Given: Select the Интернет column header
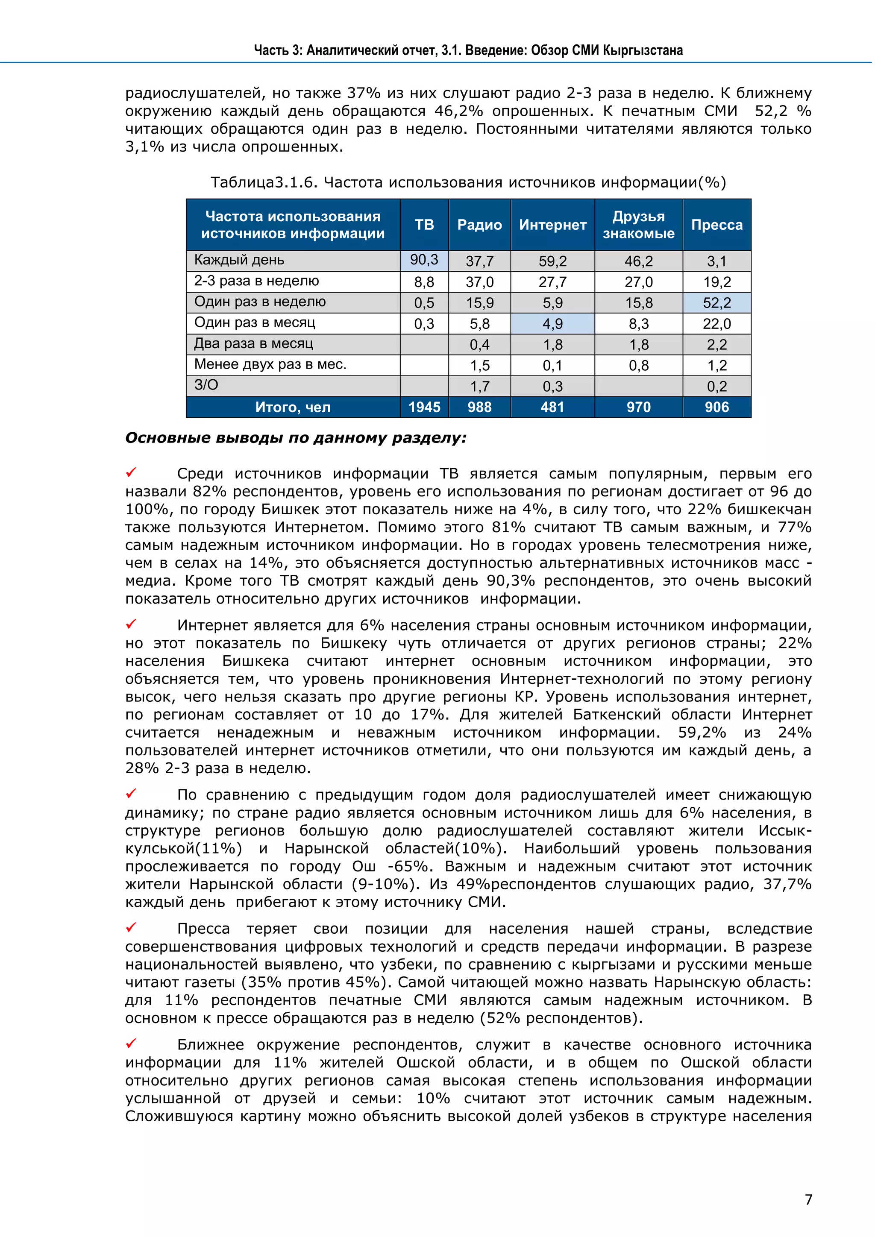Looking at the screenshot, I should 552,225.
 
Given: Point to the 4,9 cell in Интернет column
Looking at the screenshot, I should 552,324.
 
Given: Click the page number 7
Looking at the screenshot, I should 808,1199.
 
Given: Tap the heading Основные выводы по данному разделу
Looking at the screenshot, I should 296,437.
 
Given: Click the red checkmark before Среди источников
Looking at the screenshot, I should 131,472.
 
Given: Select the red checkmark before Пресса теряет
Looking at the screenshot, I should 131,927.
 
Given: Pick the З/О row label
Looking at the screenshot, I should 206,385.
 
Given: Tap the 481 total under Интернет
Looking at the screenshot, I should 552,407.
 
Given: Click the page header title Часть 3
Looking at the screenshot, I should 468,51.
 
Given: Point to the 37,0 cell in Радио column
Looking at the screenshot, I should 479,282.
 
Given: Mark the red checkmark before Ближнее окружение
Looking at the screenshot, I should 131,1044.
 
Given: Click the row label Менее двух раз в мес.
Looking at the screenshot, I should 270,365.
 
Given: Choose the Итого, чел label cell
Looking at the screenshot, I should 293,407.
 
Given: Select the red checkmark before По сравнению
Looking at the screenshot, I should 131,794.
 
